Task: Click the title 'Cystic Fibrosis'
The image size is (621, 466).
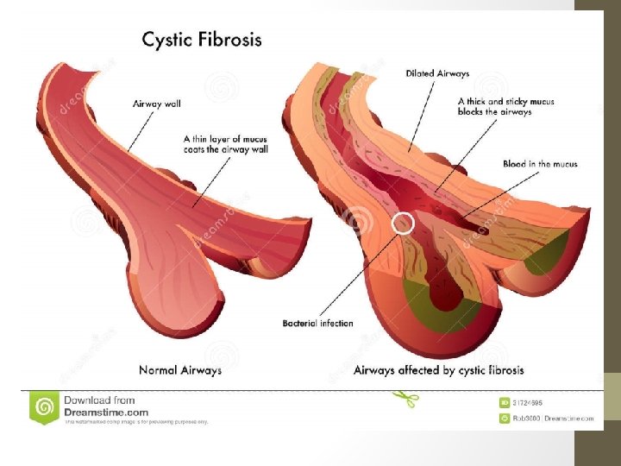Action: (x=202, y=40)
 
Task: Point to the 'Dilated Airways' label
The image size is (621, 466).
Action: (x=438, y=73)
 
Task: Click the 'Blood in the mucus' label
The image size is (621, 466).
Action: (x=540, y=164)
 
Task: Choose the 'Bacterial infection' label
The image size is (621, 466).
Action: (x=317, y=324)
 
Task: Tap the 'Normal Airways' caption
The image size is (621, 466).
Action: (x=180, y=370)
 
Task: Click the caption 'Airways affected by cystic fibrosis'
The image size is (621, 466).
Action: (x=439, y=370)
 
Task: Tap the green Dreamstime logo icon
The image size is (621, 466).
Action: (x=44, y=406)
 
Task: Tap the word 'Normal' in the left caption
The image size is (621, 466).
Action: (x=160, y=370)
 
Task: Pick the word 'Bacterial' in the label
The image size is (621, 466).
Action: (x=301, y=324)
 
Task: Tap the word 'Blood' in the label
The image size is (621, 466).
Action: (x=515, y=164)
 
